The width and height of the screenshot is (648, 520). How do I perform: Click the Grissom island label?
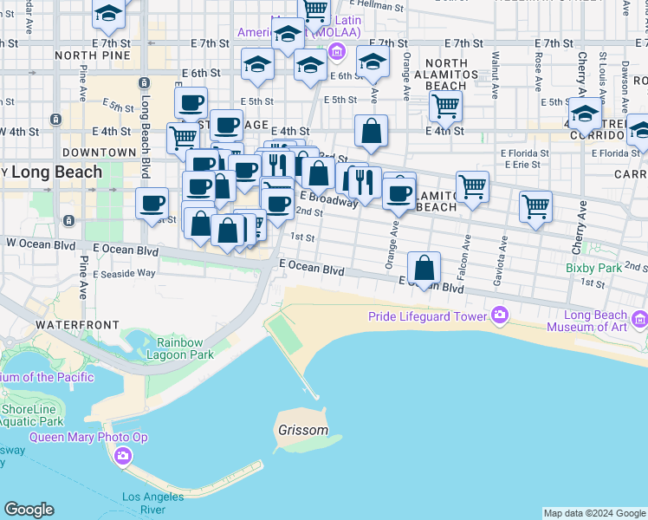tap(303, 430)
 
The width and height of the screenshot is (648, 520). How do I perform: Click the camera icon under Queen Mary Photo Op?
tap(123, 455)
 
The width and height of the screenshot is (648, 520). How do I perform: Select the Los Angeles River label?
tap(152, 503)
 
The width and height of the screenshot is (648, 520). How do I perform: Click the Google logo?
tap(29, 510)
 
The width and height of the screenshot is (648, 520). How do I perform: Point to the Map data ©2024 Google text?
tap(594, 513)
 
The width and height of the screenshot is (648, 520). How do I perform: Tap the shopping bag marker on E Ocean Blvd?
tap(424, 268)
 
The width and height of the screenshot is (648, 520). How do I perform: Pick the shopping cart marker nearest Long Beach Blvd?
tap(183, 138)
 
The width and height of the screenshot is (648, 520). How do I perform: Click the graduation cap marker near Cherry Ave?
tap(586, 114)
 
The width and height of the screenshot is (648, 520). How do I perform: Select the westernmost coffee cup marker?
tap(152, 205)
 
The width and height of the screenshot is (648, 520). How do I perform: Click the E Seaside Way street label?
tap(125, 272)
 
